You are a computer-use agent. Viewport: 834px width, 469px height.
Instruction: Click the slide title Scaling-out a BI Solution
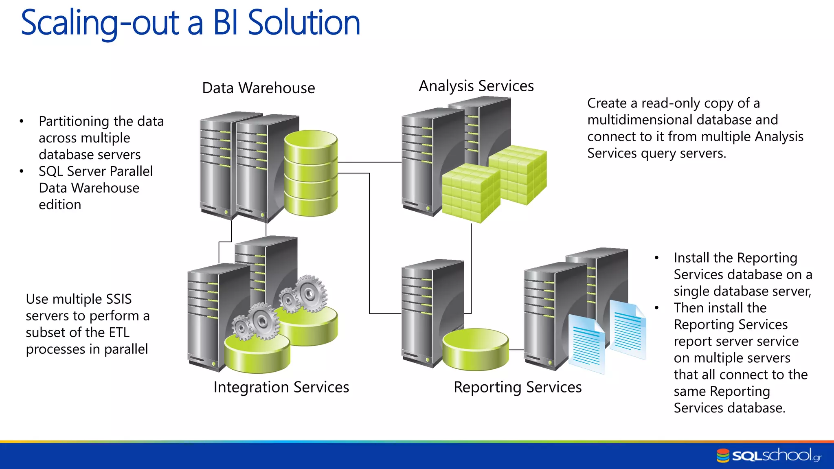click(x=190, y=23)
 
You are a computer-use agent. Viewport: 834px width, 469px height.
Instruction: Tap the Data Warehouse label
click(x=258, y=88)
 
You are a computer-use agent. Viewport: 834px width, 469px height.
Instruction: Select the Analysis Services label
click(x=476, y=86)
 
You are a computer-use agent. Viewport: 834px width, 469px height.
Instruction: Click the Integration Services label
click(x=281, y=387)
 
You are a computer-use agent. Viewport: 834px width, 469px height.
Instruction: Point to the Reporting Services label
click(x=517, y=387)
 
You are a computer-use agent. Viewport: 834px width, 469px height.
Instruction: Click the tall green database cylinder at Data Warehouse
click(x=311, y=173)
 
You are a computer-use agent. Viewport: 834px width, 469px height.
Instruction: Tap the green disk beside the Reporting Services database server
click(x=475, y=349)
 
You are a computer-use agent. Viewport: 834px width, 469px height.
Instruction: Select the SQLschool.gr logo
click(x=769, y=455)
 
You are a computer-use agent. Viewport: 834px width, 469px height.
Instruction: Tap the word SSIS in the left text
click(x=119, y=299)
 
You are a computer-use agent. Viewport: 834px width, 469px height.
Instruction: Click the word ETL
click(x=119, y=333)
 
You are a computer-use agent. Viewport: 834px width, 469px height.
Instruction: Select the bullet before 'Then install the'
click(x=656, y=308)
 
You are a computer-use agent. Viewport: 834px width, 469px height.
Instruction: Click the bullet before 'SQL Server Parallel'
click(x=21, y=171)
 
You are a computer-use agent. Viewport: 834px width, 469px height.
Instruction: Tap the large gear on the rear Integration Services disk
click(x=311, y=293)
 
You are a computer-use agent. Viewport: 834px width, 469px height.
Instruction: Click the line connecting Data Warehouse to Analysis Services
click(x=369, y=162)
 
